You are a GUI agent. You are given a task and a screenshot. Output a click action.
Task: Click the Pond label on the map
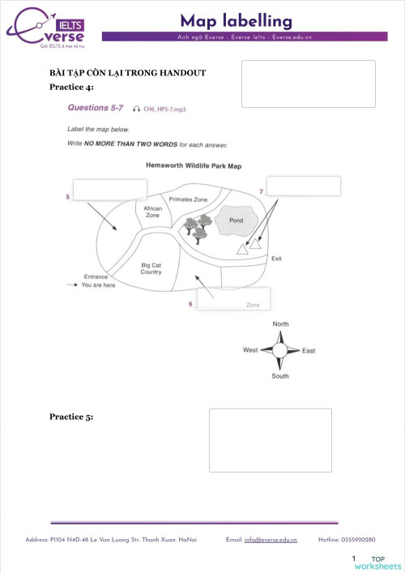(236, 220)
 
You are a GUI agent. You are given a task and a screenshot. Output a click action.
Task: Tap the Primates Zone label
(188, 199)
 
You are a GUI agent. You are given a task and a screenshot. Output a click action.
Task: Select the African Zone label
(152, 212)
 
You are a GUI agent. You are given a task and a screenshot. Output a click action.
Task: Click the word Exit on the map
(276, 259)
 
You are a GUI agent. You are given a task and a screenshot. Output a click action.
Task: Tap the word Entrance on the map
(96, 276)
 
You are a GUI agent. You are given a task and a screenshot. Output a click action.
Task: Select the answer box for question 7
(303, 186)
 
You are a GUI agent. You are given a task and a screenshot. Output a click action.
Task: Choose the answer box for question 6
(233, 299)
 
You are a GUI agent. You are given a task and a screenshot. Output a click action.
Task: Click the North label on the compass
(280, 324)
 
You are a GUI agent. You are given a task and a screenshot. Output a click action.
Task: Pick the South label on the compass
(280, 376)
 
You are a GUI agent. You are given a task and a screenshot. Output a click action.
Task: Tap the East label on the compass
(309, 351)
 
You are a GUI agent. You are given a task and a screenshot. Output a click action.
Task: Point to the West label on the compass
(250, 350)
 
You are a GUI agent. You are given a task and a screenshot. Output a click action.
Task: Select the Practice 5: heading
(71, 417)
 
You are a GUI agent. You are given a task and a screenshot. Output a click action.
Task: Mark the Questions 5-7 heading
(94, 107)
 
